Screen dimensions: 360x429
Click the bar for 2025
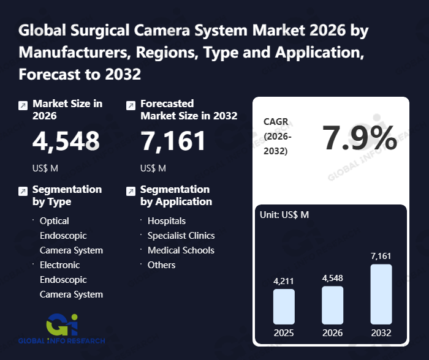coord(284,307)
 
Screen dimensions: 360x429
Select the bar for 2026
coord(332,305)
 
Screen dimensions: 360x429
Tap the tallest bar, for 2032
coord(381,294)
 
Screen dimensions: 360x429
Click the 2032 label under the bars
coord(381,333)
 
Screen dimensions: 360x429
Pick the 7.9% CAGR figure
coord(360,138)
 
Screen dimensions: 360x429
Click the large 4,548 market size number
coord(66,141)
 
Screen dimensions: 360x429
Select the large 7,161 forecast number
coord(173,141)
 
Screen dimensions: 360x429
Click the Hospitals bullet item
coord(166,220)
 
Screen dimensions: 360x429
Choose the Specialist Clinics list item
coord(181,235)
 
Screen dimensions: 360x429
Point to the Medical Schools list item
coord(181,250)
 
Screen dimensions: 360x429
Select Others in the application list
coord(161,264)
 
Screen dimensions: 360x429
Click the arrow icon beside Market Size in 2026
coord(23,105)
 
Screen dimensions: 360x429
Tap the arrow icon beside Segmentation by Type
coord(23,191)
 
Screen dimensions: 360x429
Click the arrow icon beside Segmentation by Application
coord(131,191)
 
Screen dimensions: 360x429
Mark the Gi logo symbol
coord(61,323)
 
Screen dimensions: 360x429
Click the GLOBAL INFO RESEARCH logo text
coord(61,340)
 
